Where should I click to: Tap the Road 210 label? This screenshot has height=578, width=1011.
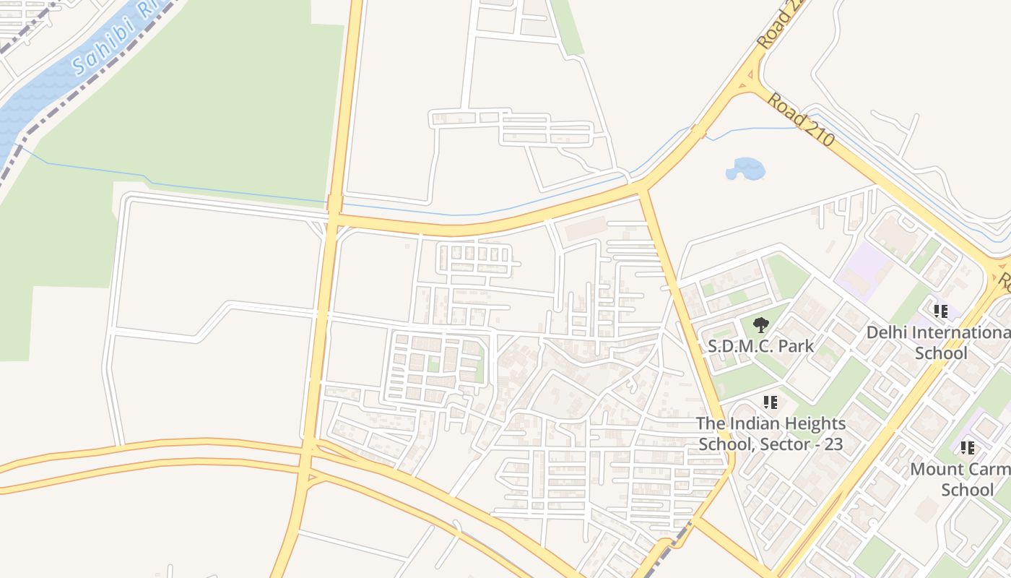(x=800, y=120)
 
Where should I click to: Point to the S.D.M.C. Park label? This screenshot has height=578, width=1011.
(x=760, y=346)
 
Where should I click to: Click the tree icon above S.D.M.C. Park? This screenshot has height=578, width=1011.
(x=760, y=325)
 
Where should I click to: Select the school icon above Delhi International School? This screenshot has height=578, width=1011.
(x=940, y=311)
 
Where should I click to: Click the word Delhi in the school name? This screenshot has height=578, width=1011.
(x=887, y=333)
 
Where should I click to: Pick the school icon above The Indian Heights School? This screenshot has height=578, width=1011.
(x=770, y=402)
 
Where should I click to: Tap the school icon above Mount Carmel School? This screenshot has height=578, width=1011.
(x=968, y=448)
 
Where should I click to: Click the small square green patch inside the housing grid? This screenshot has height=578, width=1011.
(x=433, y=363)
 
